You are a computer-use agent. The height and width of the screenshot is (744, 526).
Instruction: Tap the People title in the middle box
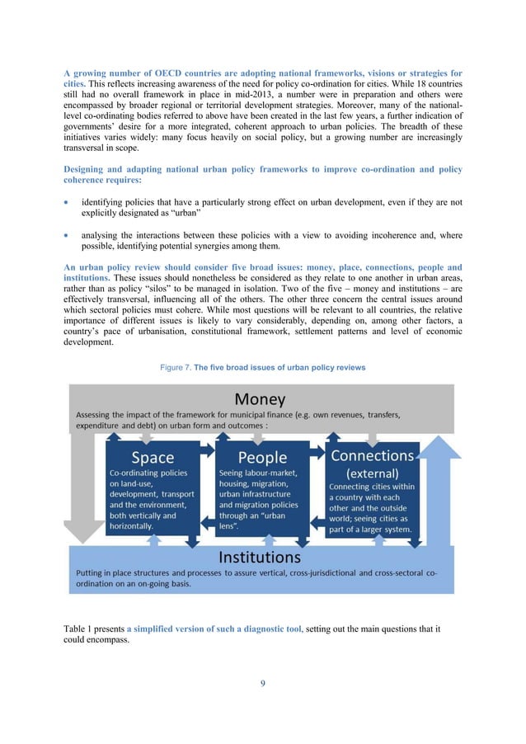coord(262,457)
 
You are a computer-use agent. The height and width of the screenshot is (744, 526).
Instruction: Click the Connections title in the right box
coord(372,455)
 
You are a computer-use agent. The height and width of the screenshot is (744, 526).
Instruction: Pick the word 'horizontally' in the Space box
coord(134,525)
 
